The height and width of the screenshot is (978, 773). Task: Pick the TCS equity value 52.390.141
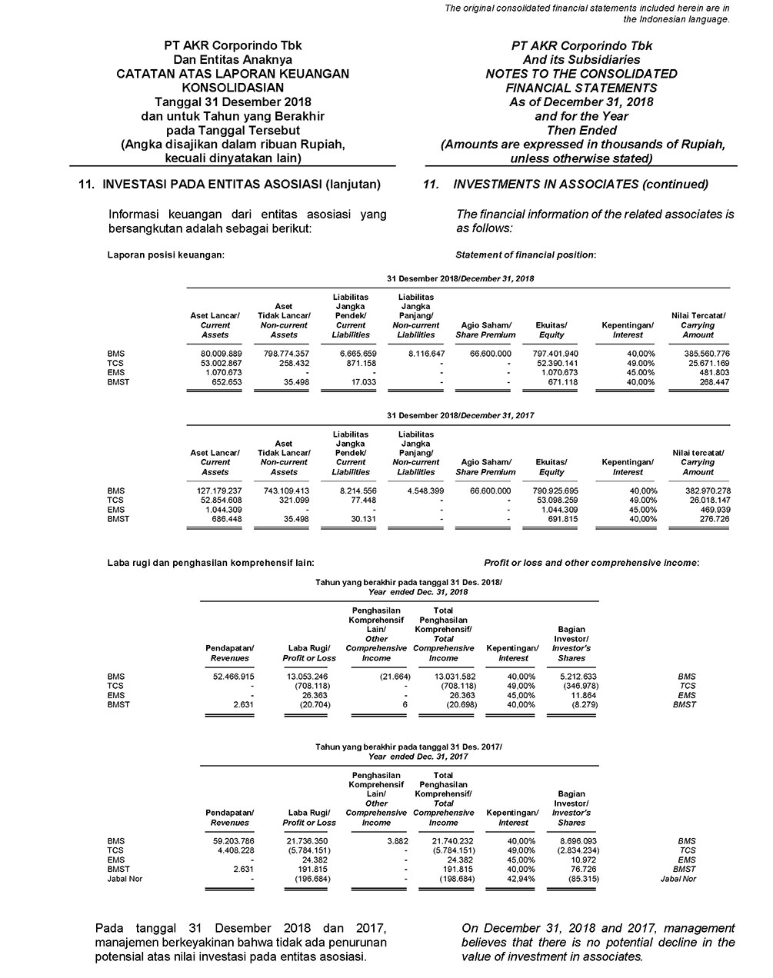(551, 363)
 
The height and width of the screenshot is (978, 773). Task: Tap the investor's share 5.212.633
(571, 677)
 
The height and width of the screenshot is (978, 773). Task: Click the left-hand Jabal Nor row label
(125, 879)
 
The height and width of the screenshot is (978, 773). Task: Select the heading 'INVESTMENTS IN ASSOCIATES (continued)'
(581, 185)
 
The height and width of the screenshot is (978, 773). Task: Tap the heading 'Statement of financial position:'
(525, 254)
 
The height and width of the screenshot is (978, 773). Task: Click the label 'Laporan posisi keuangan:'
(166, 254)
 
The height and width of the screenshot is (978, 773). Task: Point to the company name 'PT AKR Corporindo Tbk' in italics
(581, 45)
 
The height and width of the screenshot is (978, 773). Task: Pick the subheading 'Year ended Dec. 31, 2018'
(409, 592)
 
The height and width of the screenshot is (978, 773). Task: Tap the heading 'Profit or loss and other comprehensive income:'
(591, 563)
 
